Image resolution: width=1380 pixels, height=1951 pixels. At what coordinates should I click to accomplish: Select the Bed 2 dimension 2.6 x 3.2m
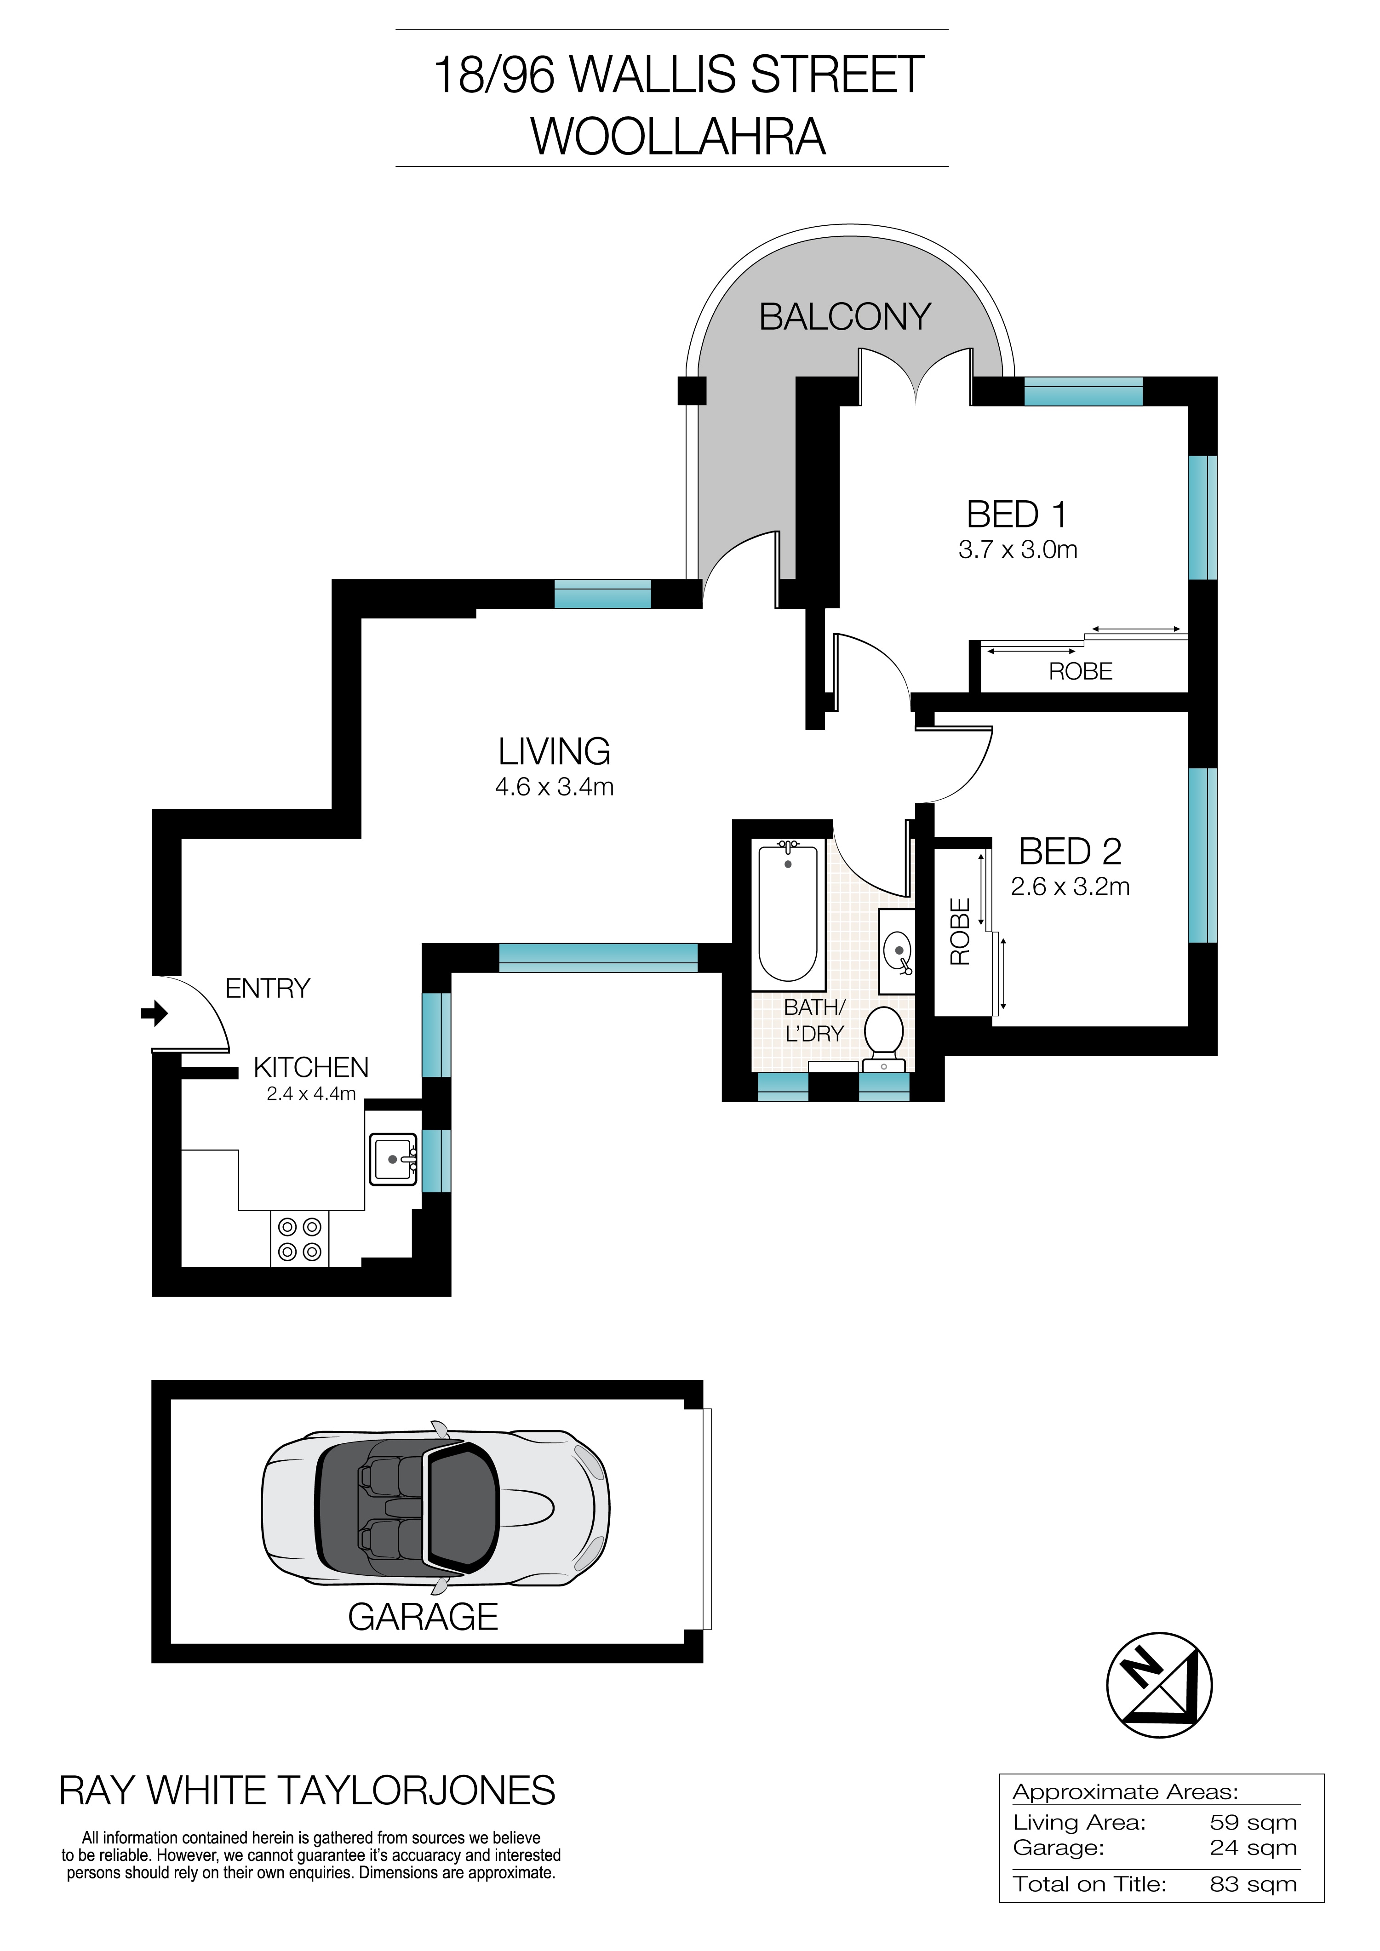click(x=1070, y=887)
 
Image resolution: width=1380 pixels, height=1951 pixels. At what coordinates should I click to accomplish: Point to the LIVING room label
click(x=554, y=752)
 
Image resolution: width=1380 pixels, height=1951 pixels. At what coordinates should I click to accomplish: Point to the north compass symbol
click(x=1159, y=1685)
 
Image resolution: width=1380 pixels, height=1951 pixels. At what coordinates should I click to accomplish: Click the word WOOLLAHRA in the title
click(x=678, y=137)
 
